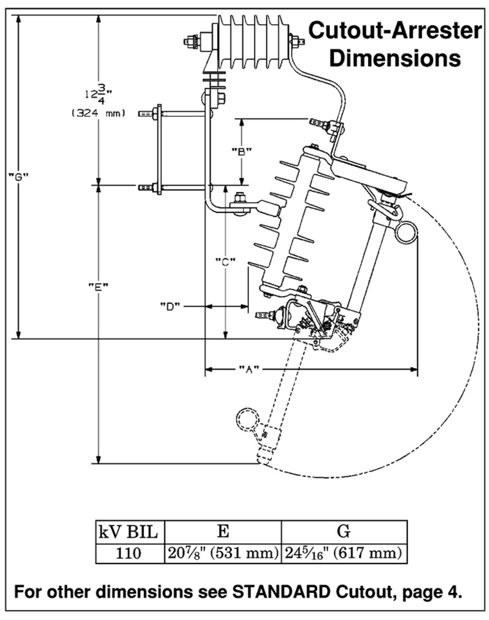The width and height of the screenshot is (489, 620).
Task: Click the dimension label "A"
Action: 249,369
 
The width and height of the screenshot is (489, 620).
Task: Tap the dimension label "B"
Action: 241,151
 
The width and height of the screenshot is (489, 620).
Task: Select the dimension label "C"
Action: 225,261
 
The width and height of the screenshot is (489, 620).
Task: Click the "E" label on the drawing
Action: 98,286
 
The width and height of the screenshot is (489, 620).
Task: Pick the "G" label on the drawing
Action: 19,176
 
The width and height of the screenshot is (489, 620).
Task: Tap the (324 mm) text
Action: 98,113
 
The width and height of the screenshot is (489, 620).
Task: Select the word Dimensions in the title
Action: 395,58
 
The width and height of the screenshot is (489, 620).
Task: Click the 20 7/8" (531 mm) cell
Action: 223,553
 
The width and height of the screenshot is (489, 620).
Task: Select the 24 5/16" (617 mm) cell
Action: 344,553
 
